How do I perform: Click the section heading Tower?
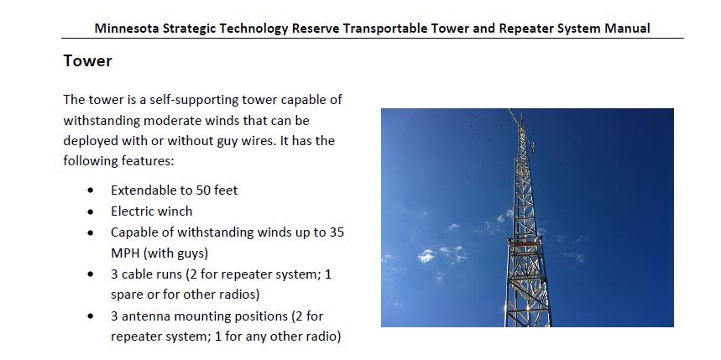pyautogui.click(x=87, y=60)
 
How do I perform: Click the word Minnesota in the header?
pyautogui.click(x=127, y=29)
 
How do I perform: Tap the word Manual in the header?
pyautogui.click(x=627, y=29)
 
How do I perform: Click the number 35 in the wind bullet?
pyautogui.click(x=337, y=232)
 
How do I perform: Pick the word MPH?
pyautogui.click(x=124, y=253)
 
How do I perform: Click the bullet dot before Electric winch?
pyautogui.click(x=90, y=211)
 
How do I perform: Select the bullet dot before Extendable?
pyautogui.click(x=90, y=190)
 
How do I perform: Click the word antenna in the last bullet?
pyautogui.click(x=142, y=316)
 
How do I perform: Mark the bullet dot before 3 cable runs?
pyautogui.click(x=90, y=274)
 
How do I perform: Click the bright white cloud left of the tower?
pyautogui.click(x=426, y=256)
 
